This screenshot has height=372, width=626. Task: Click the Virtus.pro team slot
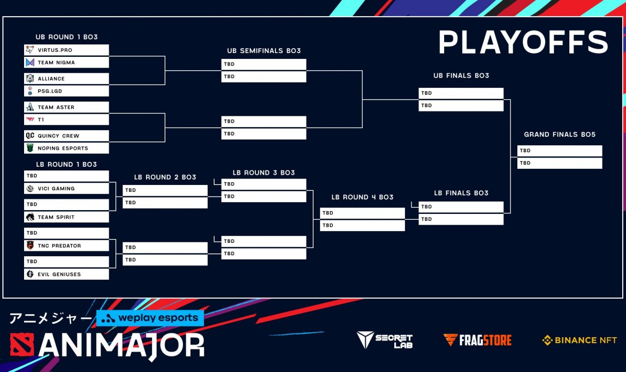[66, 50]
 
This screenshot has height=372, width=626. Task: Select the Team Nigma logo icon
[30, 62]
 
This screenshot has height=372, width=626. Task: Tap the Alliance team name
[51, 79]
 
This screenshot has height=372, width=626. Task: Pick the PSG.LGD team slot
[66, 91]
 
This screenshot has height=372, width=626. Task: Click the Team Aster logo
[30, 107]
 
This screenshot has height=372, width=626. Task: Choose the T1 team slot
[66, 120]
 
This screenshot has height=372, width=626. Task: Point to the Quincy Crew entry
[66, 136]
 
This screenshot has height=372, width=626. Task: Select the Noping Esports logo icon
[30, 148]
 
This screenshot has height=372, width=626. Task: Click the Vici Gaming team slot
[66, 188]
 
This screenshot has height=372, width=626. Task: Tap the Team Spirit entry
[66, 217]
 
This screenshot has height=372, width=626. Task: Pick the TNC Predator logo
[30, 245]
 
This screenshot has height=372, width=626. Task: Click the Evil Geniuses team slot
[66, 274]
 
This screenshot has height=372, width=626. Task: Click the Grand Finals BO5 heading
[560, 135]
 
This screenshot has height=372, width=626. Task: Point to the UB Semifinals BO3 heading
[264, 51]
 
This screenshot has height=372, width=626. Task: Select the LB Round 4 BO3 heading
[363, 197]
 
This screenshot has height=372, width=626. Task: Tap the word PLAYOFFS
[523, 42]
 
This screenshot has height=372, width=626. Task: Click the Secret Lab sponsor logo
[385, 340]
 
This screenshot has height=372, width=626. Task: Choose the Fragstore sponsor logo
[477, 340]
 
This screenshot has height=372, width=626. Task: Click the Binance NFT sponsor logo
[579, 340]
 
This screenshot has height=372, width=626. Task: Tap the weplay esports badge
[150, 318]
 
